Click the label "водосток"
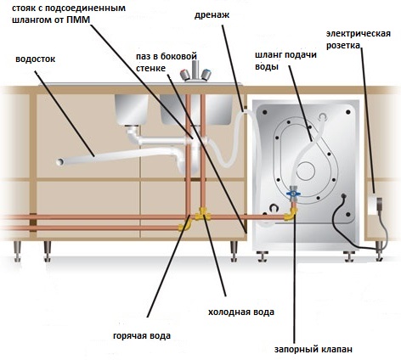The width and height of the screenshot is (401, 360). pyautogui.click(x=35, y=59)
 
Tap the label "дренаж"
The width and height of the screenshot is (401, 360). pyautogui.click(x=212, y=15)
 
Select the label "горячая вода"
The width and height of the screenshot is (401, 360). pyautogui.click(x=142, y=336)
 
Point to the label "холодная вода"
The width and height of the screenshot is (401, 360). pyautogui.click(x=241, y=312)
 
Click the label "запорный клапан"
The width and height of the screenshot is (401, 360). pyautogui.click(x=313, y=349)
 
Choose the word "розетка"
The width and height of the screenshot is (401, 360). pyautogui.click(x=343, y=46)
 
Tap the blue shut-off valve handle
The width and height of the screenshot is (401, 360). pyautogui.click(x=293, y=194)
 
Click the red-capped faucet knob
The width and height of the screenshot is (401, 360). pyautogui.click(x=185, y=75)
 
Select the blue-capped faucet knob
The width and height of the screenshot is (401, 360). pyautogui.click(x=206, y=74)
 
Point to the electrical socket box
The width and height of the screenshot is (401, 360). pyautogui.click(x=375, y=205)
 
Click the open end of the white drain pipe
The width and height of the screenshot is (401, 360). pyautogui.click(x=59, y=162)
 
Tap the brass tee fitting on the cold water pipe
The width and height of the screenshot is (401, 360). pyautogui.click(x=203, y=214)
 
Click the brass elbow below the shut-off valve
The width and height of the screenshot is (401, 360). pyautogui.click(x=291, y=214)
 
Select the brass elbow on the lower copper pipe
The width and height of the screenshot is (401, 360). pyautogui.click(x=185, y=225)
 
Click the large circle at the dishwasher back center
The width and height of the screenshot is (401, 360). pyautogui.click(x=306, y=171)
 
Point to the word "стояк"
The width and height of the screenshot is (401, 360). pyautogui.click(x=22, y=8)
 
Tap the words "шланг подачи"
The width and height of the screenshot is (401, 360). pyautogui.click(x=285, y=54)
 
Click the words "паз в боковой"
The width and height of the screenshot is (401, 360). pyautogui.click(x=167, y=56)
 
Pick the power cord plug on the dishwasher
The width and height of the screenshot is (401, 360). pyautogui.click(x=343, y=196)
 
